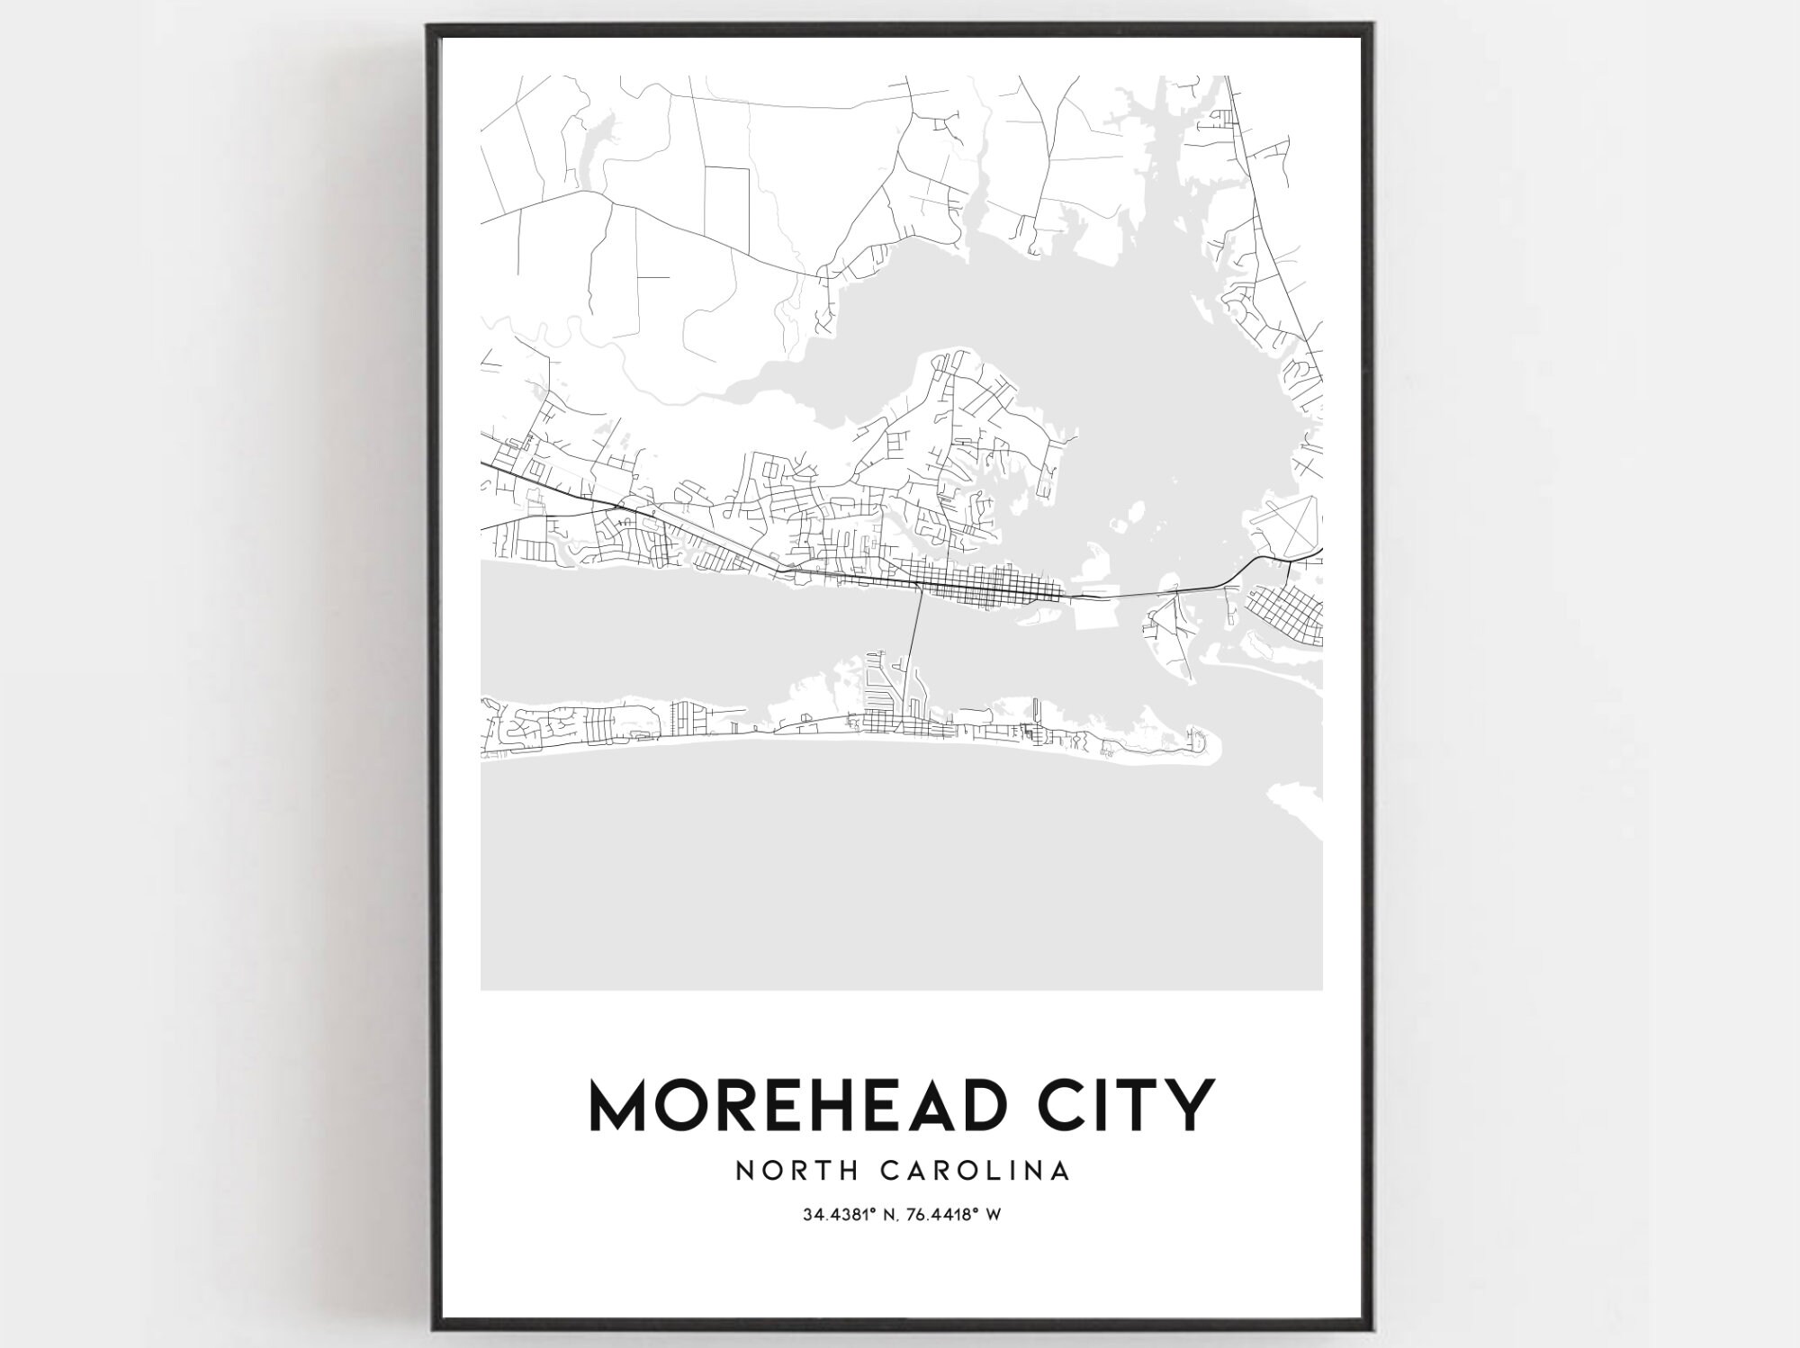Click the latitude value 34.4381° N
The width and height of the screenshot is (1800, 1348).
pyautogui.click(x=846, y=1215)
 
